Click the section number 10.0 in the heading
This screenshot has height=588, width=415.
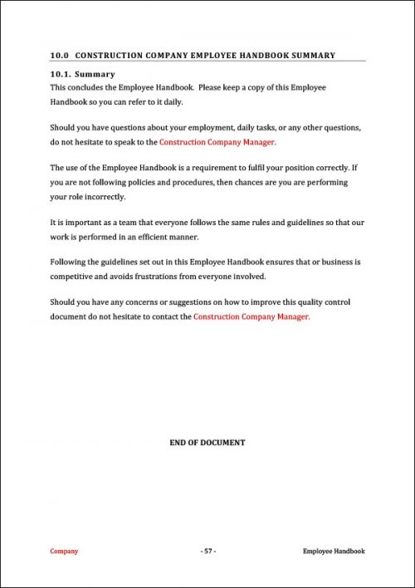[x=59, y=56]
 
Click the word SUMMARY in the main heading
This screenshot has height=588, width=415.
[x=313, y=56]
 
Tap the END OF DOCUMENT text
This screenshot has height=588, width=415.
[x=207, y=443]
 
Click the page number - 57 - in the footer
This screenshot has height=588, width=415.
[x=207, y=551]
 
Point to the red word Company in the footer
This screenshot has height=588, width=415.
[x=64, y=551]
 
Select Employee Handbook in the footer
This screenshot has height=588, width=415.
[x=334, y=551]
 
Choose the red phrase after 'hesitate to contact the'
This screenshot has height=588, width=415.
[x=251, y=316]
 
